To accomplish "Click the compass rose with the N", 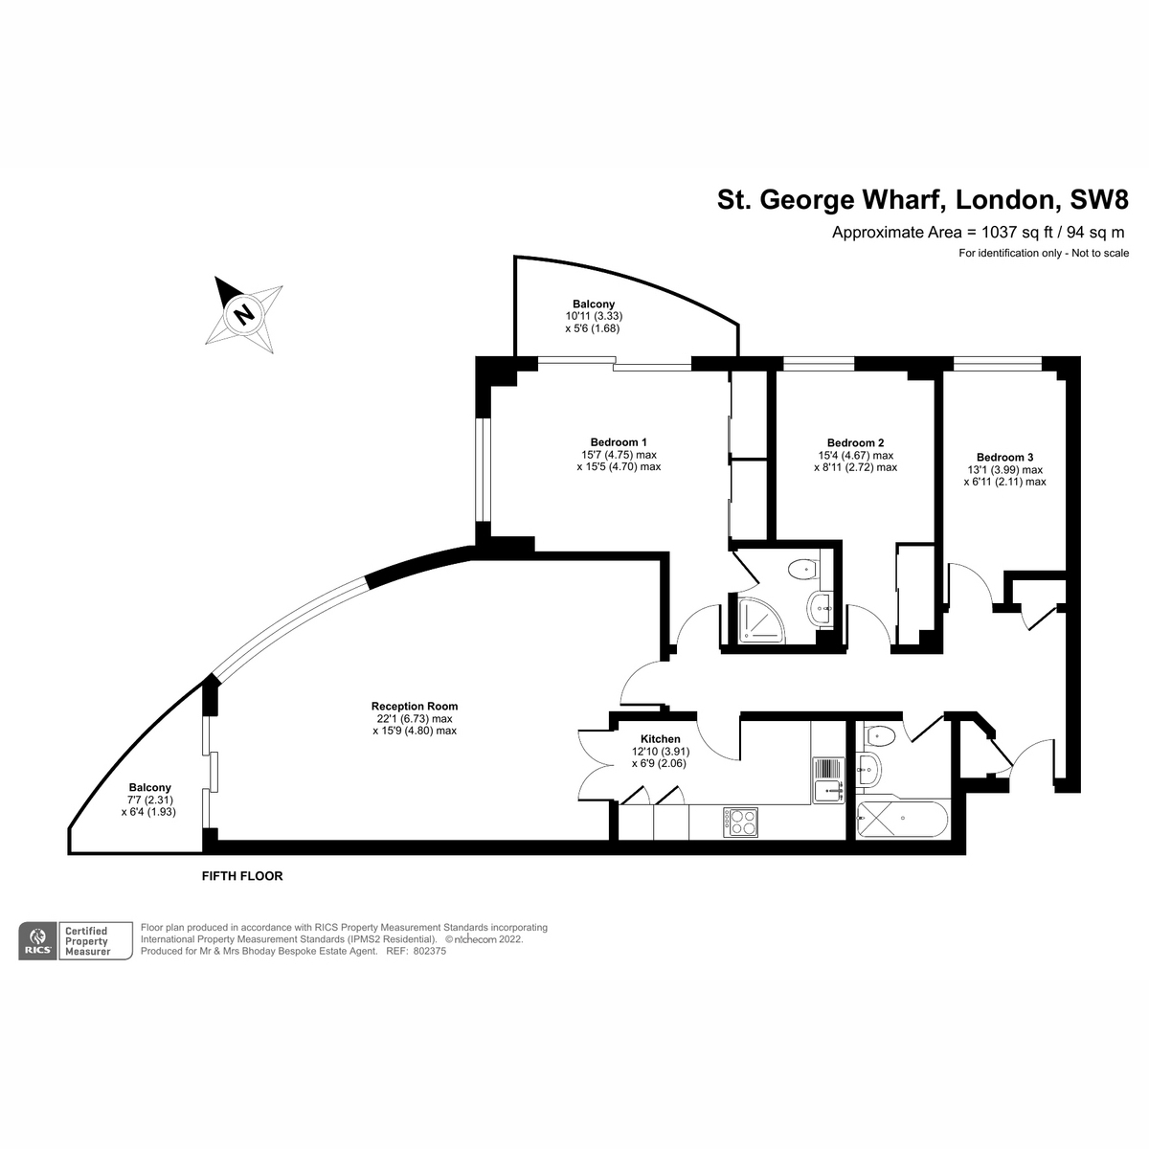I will click(244, 313).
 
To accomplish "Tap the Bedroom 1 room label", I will click(619, 442).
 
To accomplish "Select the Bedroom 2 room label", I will click(855, 442).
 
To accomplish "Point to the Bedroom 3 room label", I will click(1004, 458).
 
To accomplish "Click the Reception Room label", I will click(415, 706).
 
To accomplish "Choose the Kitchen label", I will click(660, 739).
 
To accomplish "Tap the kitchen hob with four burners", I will click(741, 822).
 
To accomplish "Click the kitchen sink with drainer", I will click(827, 778).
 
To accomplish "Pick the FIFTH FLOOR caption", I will click(242, 876).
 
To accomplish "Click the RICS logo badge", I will click(38, 941).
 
